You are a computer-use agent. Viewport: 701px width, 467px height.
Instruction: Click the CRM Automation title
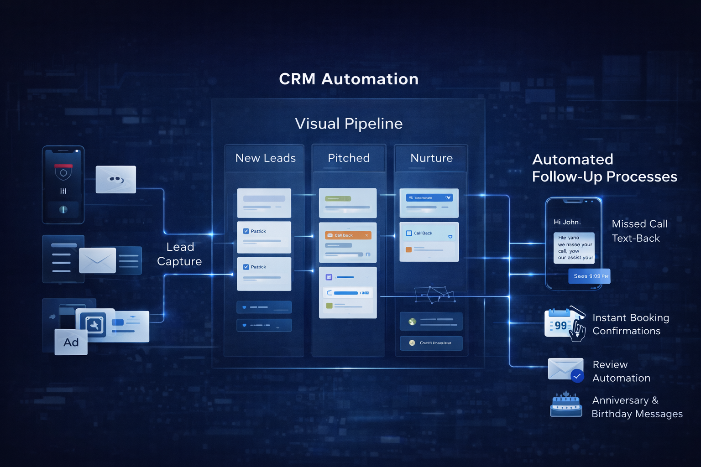coord(349,79)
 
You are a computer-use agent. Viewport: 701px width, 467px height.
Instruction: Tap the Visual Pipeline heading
coord(349,124)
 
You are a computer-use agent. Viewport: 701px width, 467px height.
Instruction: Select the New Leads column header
coord(265,158)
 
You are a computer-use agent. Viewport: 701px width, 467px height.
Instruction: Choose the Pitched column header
coord(349,158)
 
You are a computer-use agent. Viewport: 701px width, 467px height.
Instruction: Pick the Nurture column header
coord(431,158)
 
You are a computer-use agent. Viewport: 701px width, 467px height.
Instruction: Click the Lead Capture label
coord(180,254)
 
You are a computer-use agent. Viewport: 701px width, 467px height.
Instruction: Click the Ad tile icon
coord(71,342)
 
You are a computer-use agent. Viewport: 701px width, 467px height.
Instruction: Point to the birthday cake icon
coord(566,405)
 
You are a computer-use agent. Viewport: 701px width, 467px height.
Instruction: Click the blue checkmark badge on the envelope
coord(577,376)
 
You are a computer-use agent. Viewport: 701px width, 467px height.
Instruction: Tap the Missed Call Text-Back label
coord(639,231)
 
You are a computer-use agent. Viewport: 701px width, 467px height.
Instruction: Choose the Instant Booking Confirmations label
coord(630,324)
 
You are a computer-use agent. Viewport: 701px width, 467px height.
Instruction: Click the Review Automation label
coord(621,371)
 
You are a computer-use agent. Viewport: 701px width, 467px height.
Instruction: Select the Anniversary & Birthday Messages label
coord(637,407)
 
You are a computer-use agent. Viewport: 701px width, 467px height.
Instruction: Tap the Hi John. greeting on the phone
coord(567,222)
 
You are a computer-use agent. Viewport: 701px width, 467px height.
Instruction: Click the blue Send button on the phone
coord(589,276)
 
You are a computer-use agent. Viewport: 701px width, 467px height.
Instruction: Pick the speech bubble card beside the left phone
coord(116,179)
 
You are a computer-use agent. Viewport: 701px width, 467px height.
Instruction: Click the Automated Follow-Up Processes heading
coord(604,168)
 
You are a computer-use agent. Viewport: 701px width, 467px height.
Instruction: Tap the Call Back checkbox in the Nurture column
coord(409,233)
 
